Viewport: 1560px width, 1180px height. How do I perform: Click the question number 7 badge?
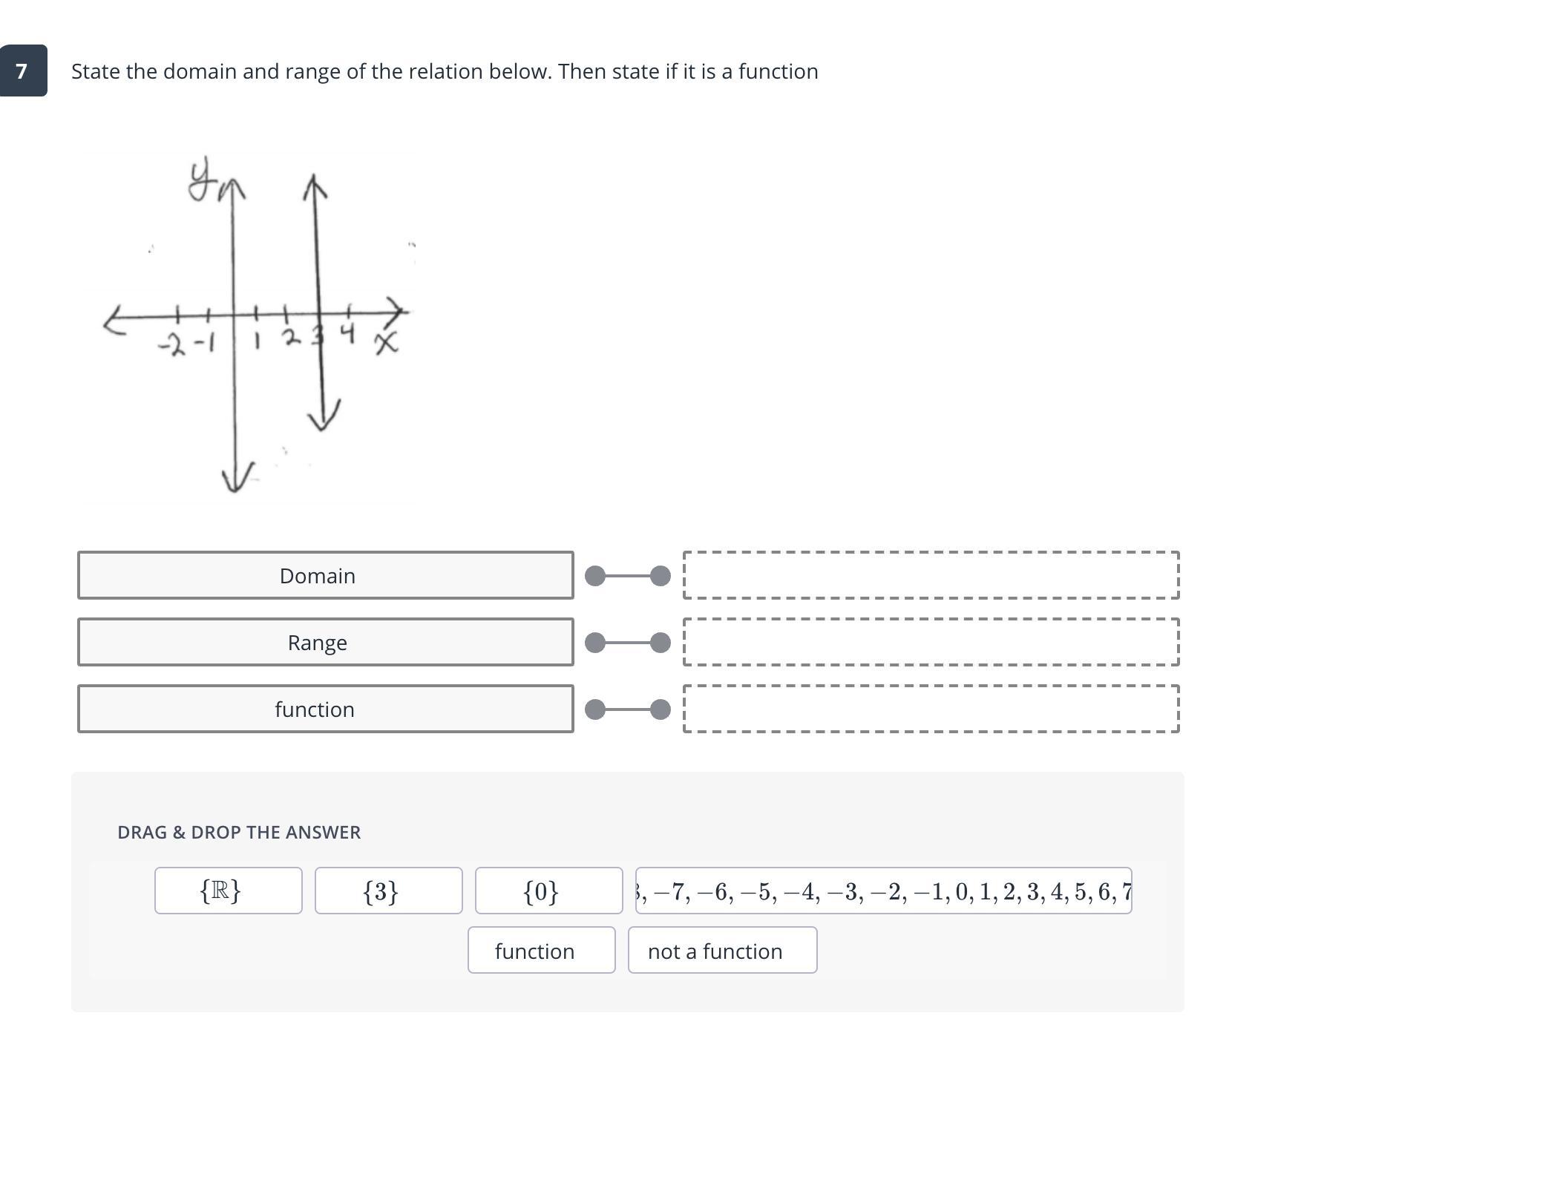coord(23,71)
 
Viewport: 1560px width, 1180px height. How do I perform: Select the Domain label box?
coord(325,575)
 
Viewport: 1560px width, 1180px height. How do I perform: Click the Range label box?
coord(325,642)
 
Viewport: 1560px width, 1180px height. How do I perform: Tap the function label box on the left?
coord(325,709)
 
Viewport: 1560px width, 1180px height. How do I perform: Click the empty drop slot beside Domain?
coord(931,575)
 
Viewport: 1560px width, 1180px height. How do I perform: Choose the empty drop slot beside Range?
coord(931,642)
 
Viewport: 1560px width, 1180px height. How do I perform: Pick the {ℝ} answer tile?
coord(228,891)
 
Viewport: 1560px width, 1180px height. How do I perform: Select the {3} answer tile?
coord(388,891)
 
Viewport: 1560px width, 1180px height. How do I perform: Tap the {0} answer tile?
coord(548,891)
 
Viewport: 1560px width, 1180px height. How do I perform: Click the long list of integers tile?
coord(883,891)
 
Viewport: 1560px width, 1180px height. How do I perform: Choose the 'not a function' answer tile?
coord(722,950)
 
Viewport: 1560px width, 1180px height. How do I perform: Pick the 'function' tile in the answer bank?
coord(541,950)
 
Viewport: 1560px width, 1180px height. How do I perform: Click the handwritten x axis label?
coord(386,343)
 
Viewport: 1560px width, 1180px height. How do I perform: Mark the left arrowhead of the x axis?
coord(113,322)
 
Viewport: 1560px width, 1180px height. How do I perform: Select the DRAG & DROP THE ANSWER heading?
coord(239,832)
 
